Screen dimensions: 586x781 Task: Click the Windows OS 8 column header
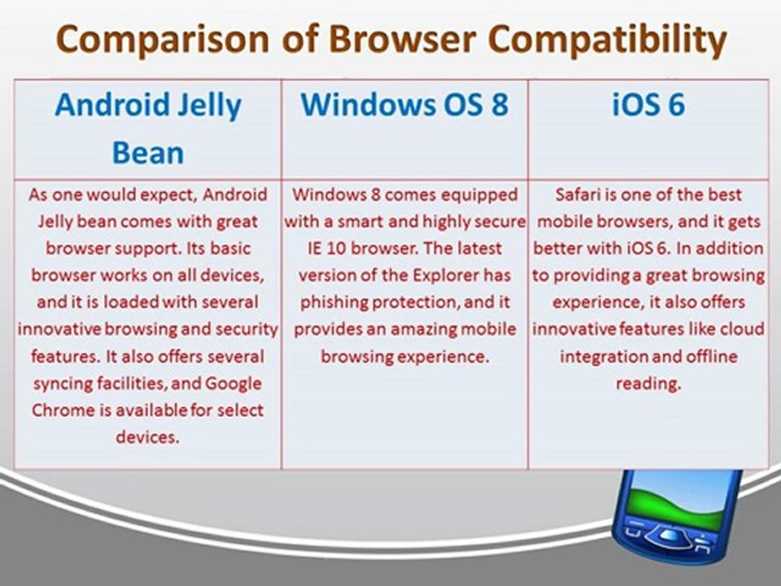(x=404, y=106)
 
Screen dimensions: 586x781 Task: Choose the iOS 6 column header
(x=648, y=106)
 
